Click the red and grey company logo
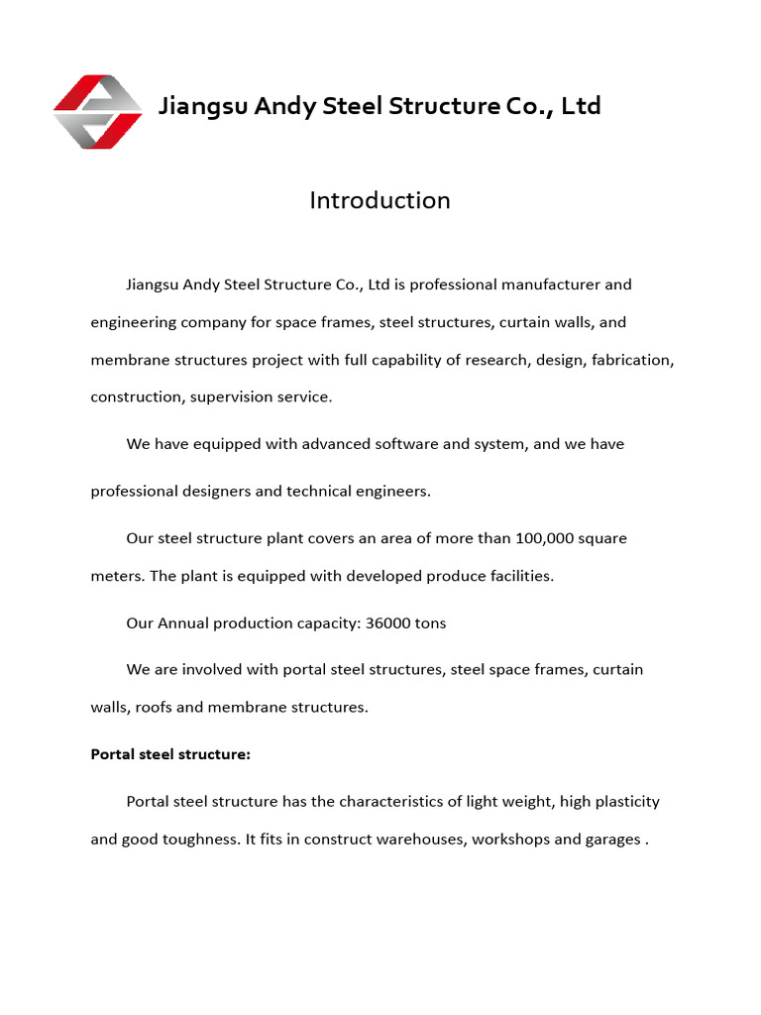(x=97, y=111)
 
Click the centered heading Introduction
(x=380, y=200)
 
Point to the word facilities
(x=511, y=576)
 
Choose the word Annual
(x=181, y=623)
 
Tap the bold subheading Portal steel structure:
(x=170, y=754)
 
